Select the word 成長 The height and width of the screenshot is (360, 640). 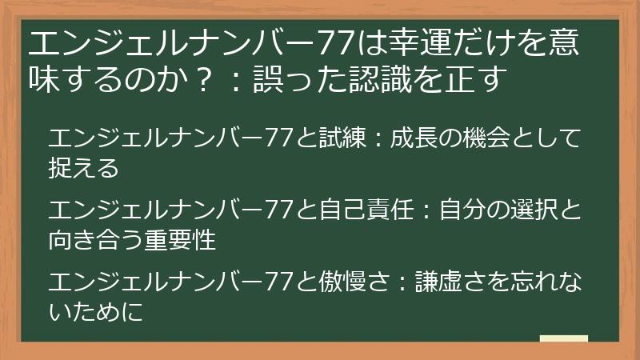pos(420,140)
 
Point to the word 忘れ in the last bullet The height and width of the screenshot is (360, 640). pos(525,282)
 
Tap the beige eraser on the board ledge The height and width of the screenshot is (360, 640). pos(563,339)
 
